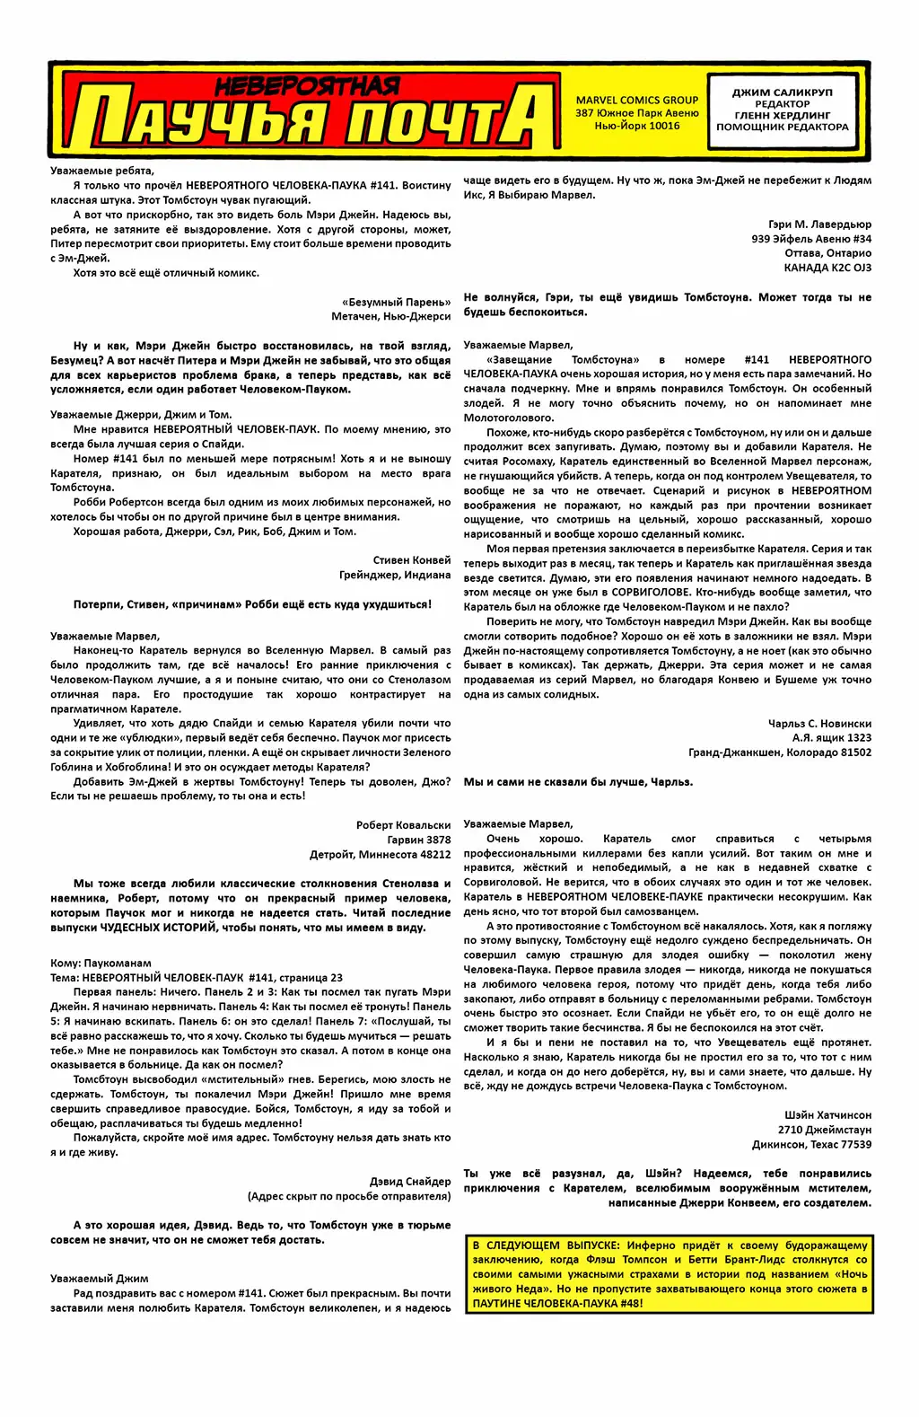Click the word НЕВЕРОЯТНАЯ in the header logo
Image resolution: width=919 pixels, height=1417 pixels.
(307, 86)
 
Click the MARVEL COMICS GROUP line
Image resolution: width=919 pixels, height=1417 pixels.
(637, 101)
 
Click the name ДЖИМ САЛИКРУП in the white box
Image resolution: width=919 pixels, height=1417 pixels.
(782, 92)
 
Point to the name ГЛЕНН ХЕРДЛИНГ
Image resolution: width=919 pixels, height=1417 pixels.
(782, 116)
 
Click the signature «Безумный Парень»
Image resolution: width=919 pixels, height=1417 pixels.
(396, 303)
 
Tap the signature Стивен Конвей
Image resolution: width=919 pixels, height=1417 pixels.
(412, 560)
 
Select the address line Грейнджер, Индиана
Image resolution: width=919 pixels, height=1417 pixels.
(395, 576)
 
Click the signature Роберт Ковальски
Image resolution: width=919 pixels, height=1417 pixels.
(403, 825)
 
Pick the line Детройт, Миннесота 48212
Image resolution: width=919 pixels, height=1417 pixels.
(380, 855)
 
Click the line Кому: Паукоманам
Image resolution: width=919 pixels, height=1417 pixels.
(101, 964)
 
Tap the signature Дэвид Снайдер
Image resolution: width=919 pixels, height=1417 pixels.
(410, 1182)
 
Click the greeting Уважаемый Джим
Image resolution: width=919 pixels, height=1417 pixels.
(100, 1279)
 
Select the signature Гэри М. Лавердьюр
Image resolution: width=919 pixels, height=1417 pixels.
(819, 224)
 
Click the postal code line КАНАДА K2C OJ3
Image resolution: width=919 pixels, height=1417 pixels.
(827, 268)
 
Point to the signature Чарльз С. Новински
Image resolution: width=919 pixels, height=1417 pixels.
(819, 724)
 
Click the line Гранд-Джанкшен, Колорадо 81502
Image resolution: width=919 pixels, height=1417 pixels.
(780, 753)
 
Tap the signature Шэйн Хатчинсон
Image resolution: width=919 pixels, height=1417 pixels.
(827, 1115)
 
